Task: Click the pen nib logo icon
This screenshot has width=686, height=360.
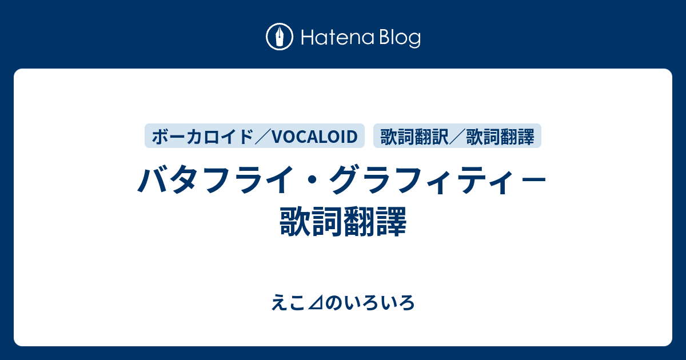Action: tap(280, 37)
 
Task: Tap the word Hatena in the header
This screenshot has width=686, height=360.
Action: tap(338, 38)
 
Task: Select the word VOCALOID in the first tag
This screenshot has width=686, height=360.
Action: tap(314, 137)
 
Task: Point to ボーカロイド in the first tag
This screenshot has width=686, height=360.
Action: tap(203, 137)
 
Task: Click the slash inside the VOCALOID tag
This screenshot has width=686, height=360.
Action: tap(263, 137)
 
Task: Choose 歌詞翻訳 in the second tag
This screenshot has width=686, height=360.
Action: tap(414, 137)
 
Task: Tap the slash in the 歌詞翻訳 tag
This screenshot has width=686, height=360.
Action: tap(457, 137)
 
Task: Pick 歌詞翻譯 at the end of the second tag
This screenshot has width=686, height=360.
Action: tap(500, 137)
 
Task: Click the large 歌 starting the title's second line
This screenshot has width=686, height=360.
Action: tap(295, 221)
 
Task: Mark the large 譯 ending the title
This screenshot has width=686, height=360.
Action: tap(392, 221)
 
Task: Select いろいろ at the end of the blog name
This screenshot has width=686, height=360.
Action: tap(379, 303)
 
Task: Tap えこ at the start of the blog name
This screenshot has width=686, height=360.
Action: tap(288, 303)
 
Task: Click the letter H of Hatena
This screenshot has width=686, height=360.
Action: tap(308, 38)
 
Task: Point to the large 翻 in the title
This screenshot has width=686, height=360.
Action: tap(360, 221)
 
